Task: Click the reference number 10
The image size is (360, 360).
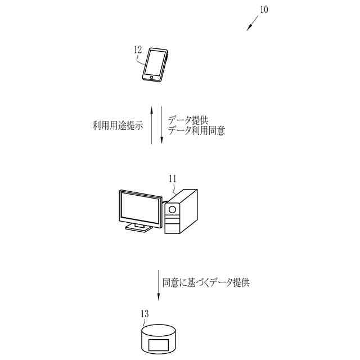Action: tap(264, 10)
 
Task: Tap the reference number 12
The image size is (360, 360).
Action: tap(138, 49)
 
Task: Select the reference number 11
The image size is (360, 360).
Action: tap(172, 179)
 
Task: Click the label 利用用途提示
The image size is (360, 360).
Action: tap(118, 124)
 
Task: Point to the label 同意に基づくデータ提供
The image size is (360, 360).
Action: tap(205, 282)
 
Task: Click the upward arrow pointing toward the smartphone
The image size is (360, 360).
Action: tap(152, 124)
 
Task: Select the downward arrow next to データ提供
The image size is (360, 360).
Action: tap(161, 124)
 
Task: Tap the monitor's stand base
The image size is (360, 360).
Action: tap(139, 228)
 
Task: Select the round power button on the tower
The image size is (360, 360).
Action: tap(173, 209)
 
